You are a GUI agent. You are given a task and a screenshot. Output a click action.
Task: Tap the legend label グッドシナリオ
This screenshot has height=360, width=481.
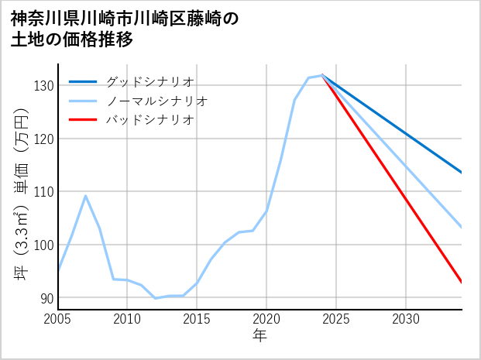point(149,81)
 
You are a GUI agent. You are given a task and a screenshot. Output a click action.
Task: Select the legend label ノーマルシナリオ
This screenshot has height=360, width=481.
point(156,101)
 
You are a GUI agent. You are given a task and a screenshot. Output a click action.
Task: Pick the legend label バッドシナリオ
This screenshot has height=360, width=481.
point(149,120)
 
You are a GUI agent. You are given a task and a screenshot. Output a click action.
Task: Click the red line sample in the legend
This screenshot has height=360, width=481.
point(84,120)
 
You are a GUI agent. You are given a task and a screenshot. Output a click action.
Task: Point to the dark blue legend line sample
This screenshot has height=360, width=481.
point(84,81)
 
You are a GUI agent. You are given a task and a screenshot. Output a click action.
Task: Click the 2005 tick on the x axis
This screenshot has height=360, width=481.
point(57,319)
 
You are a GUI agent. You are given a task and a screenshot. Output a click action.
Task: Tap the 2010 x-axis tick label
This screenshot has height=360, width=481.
point(127,319)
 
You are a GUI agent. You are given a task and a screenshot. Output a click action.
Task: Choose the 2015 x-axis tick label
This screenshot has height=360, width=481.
point(197,319)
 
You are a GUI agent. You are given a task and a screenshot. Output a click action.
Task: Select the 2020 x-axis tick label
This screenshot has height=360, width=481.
point(266,319)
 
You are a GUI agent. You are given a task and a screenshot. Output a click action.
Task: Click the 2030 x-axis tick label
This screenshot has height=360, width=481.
point(406,319)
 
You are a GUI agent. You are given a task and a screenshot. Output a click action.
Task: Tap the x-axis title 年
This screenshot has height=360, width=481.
point(259,336)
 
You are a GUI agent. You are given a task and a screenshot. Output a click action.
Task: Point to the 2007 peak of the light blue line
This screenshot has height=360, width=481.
point(85,195)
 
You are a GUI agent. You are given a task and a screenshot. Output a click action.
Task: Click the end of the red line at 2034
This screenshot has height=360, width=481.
point(462,283)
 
